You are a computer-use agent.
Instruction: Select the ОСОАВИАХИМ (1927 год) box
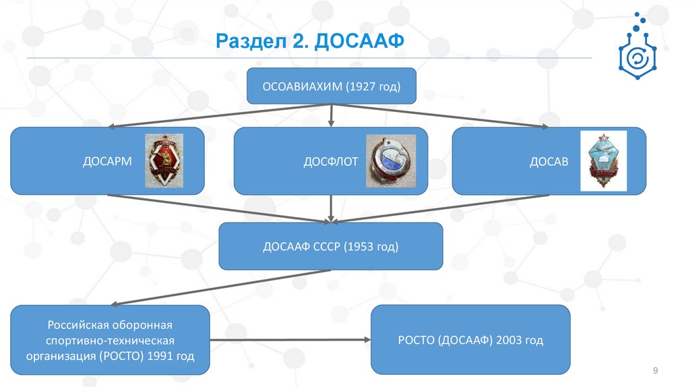331,86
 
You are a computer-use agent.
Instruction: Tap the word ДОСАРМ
107,162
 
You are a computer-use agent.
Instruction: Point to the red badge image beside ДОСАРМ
164,160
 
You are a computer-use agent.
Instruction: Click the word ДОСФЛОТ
330,162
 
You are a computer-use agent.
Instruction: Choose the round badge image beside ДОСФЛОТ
391,160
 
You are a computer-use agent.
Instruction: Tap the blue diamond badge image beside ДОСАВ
604,160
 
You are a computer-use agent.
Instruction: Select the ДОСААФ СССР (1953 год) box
331,247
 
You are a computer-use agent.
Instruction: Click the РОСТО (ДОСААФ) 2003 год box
470,340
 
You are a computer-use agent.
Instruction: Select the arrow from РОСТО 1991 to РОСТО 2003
290,340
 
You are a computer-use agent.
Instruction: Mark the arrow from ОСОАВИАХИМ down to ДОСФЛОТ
331,116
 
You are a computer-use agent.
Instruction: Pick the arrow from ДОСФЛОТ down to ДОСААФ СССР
331,209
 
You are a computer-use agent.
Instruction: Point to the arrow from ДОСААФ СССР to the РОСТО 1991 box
222,287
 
